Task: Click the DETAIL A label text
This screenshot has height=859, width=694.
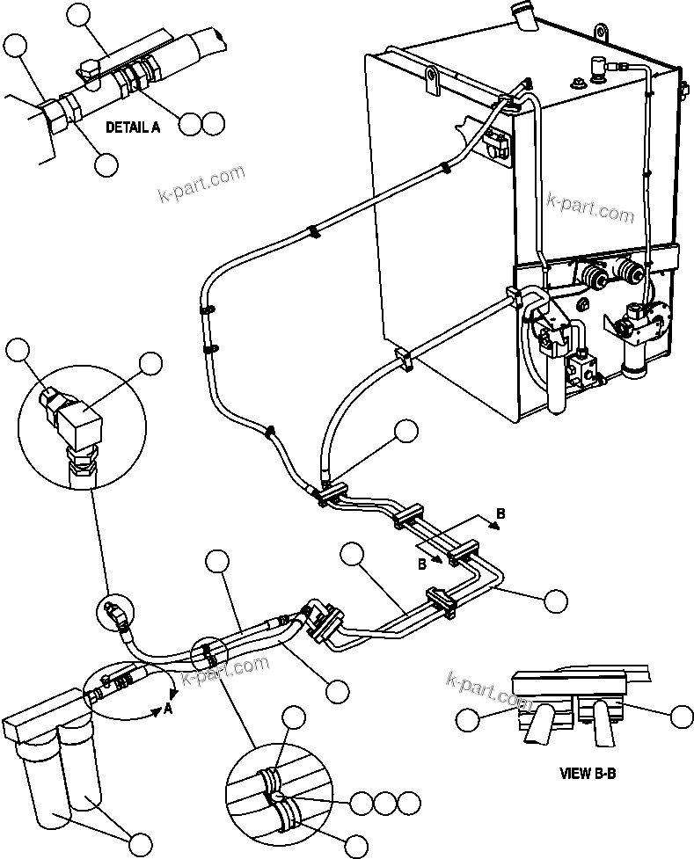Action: (x=133, y=127)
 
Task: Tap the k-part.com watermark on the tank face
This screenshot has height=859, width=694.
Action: (x=590, y=207)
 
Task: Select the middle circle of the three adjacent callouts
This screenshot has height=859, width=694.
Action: (x=384, y=802)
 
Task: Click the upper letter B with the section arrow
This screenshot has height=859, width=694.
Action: (x=500, y=513)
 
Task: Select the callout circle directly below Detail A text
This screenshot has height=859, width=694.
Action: (x=106, y=164)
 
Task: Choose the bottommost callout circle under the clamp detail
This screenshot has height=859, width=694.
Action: (x=354, y=845)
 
